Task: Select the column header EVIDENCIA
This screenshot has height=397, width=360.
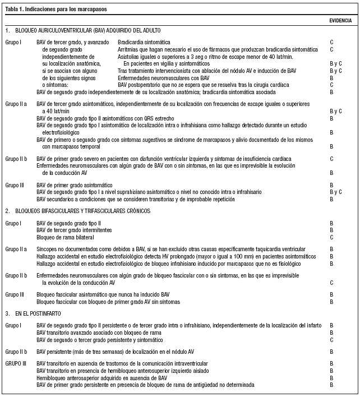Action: (340, 21)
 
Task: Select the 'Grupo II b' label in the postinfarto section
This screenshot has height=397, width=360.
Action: (17, 352)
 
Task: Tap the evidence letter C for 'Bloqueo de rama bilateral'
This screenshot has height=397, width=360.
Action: (331, 237)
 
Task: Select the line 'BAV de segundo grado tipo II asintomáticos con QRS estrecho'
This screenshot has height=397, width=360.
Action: (105, 119)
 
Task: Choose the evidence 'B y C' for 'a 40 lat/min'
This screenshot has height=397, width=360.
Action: (335, 112)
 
